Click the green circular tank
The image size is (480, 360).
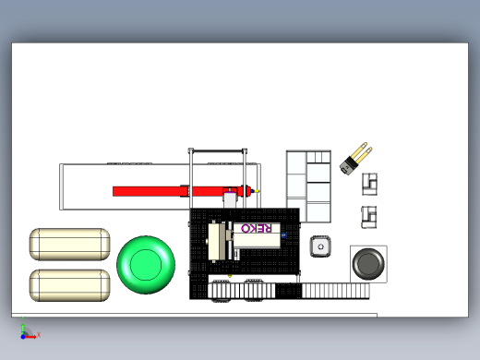pyautogui.click(x=146, y=265)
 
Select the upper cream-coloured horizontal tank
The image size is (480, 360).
pyautogui.click(x=70, y=245)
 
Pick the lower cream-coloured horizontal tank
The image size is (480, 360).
pyautogui.click(x=70, y=285)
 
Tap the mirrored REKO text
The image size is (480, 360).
pyautogui.click(x=257, y=228)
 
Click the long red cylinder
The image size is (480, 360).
pyautogui.click(x=182, y=191)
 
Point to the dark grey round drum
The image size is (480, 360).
pyautogui.click(x=368, y=264)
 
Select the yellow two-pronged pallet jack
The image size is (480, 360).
pyautogui.click(x=355, y=159)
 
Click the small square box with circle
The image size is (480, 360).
pyautogui.click(x=320, y=246)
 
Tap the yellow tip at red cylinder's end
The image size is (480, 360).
pyautogui.click(x=257, y=191)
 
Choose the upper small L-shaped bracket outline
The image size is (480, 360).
pyautogui.click(x=369, y=185)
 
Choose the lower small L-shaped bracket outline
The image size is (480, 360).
pyautogui.click(x=369, y=217)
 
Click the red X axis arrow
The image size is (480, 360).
pyautogui.click(x=30, y=337)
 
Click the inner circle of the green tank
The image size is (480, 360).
pyautogui.click(x=146, y=265)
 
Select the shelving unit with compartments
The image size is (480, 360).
pyautogui.click(x=308, y=186)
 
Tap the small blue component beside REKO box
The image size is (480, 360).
pyautogui.click(x=283, y=235)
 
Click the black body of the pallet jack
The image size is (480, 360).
pyautogui.click(x=349, y=165)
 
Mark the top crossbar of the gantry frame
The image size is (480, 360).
pyautogui.click(x=218, y=150)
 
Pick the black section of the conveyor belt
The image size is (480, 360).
pyautogui.click(x=288, y=291)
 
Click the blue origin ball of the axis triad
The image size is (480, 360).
pyautogui.click(x=23, y=337)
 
